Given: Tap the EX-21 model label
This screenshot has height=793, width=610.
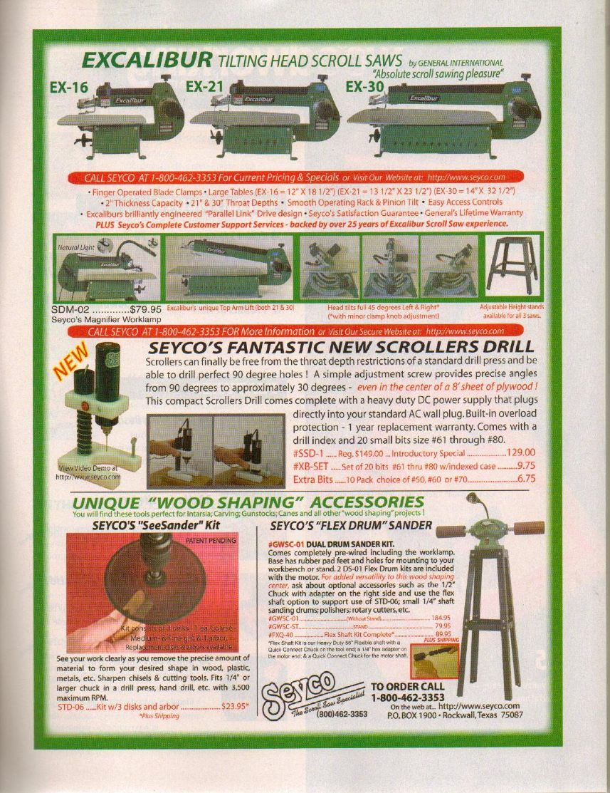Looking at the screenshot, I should [205, 86].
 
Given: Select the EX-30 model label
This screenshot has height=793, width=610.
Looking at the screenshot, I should [364, 86].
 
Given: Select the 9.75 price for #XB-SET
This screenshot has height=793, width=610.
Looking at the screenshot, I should [526, 465].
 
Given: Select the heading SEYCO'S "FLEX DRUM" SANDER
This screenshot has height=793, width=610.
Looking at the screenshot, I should [352, 526].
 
